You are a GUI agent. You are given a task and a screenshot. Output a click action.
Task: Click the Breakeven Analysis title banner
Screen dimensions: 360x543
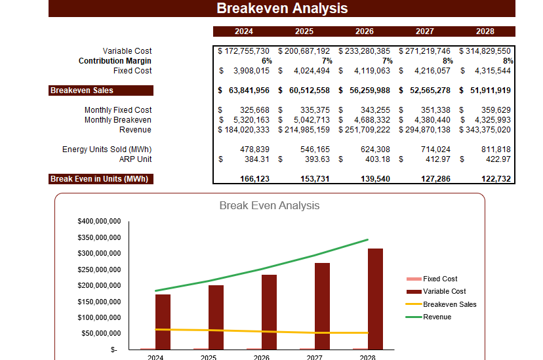tap(282, 9)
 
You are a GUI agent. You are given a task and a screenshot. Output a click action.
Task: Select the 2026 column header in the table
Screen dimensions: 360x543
tap(364, 31)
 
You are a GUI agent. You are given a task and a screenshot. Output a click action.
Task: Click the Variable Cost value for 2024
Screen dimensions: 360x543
tap(244, 51)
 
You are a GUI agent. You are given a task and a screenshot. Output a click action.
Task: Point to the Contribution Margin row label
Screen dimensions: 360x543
tap(115, 61)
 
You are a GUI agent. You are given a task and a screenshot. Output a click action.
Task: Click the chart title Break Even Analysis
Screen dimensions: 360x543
tap(270, 205)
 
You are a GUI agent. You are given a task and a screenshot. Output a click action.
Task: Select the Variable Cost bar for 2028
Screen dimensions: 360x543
tap(375, 298)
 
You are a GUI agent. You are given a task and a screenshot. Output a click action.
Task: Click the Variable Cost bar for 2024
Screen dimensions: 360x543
tap(163, 321)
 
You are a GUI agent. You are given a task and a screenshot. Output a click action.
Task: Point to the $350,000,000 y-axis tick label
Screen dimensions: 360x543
tap(99, 237)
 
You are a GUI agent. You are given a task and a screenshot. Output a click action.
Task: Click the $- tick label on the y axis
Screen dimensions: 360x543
tap(114, 350)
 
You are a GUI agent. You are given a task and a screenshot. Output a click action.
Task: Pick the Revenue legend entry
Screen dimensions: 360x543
tap(437, 317)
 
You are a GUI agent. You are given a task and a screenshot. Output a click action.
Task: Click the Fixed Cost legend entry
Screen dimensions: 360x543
tap(440, 279)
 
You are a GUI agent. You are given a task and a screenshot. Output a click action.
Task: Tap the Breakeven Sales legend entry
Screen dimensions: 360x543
tap(449, 304)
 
